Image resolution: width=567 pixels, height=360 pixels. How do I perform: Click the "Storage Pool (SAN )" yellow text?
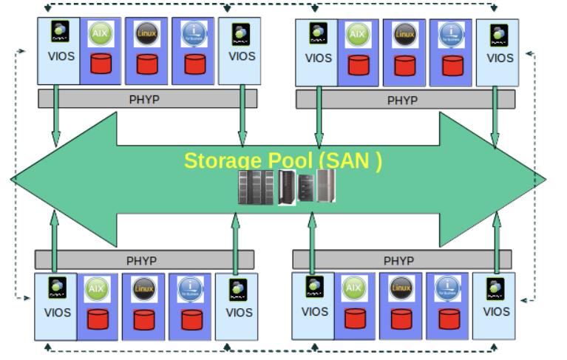pos(283,160)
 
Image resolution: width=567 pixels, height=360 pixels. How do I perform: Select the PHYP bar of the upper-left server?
pos(147,99)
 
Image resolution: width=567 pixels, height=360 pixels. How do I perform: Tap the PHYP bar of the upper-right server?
pos(404,100)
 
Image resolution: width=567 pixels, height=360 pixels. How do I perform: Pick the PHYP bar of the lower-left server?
pos(144,260)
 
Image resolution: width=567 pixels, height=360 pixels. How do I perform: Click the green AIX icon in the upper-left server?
pos(100,34)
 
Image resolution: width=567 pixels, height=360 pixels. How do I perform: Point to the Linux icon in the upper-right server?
pos(404,34)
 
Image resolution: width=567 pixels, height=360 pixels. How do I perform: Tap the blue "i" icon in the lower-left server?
pos(190,289)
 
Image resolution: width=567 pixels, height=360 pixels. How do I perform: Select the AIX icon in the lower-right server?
pos(354,288)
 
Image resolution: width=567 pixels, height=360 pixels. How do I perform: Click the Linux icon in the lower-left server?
pos(144,289)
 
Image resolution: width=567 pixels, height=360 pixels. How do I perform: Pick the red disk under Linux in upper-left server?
pos(147,64)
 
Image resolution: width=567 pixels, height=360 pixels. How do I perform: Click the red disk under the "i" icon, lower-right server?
pos(448,319)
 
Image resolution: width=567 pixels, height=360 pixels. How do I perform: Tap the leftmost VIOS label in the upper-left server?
pos(60,55)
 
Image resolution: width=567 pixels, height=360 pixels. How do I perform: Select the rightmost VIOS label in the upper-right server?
pos(500,58)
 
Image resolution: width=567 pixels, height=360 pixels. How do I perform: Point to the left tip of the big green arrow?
pos(13,179)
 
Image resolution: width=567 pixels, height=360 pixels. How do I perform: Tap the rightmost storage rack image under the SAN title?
pos(326,186)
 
